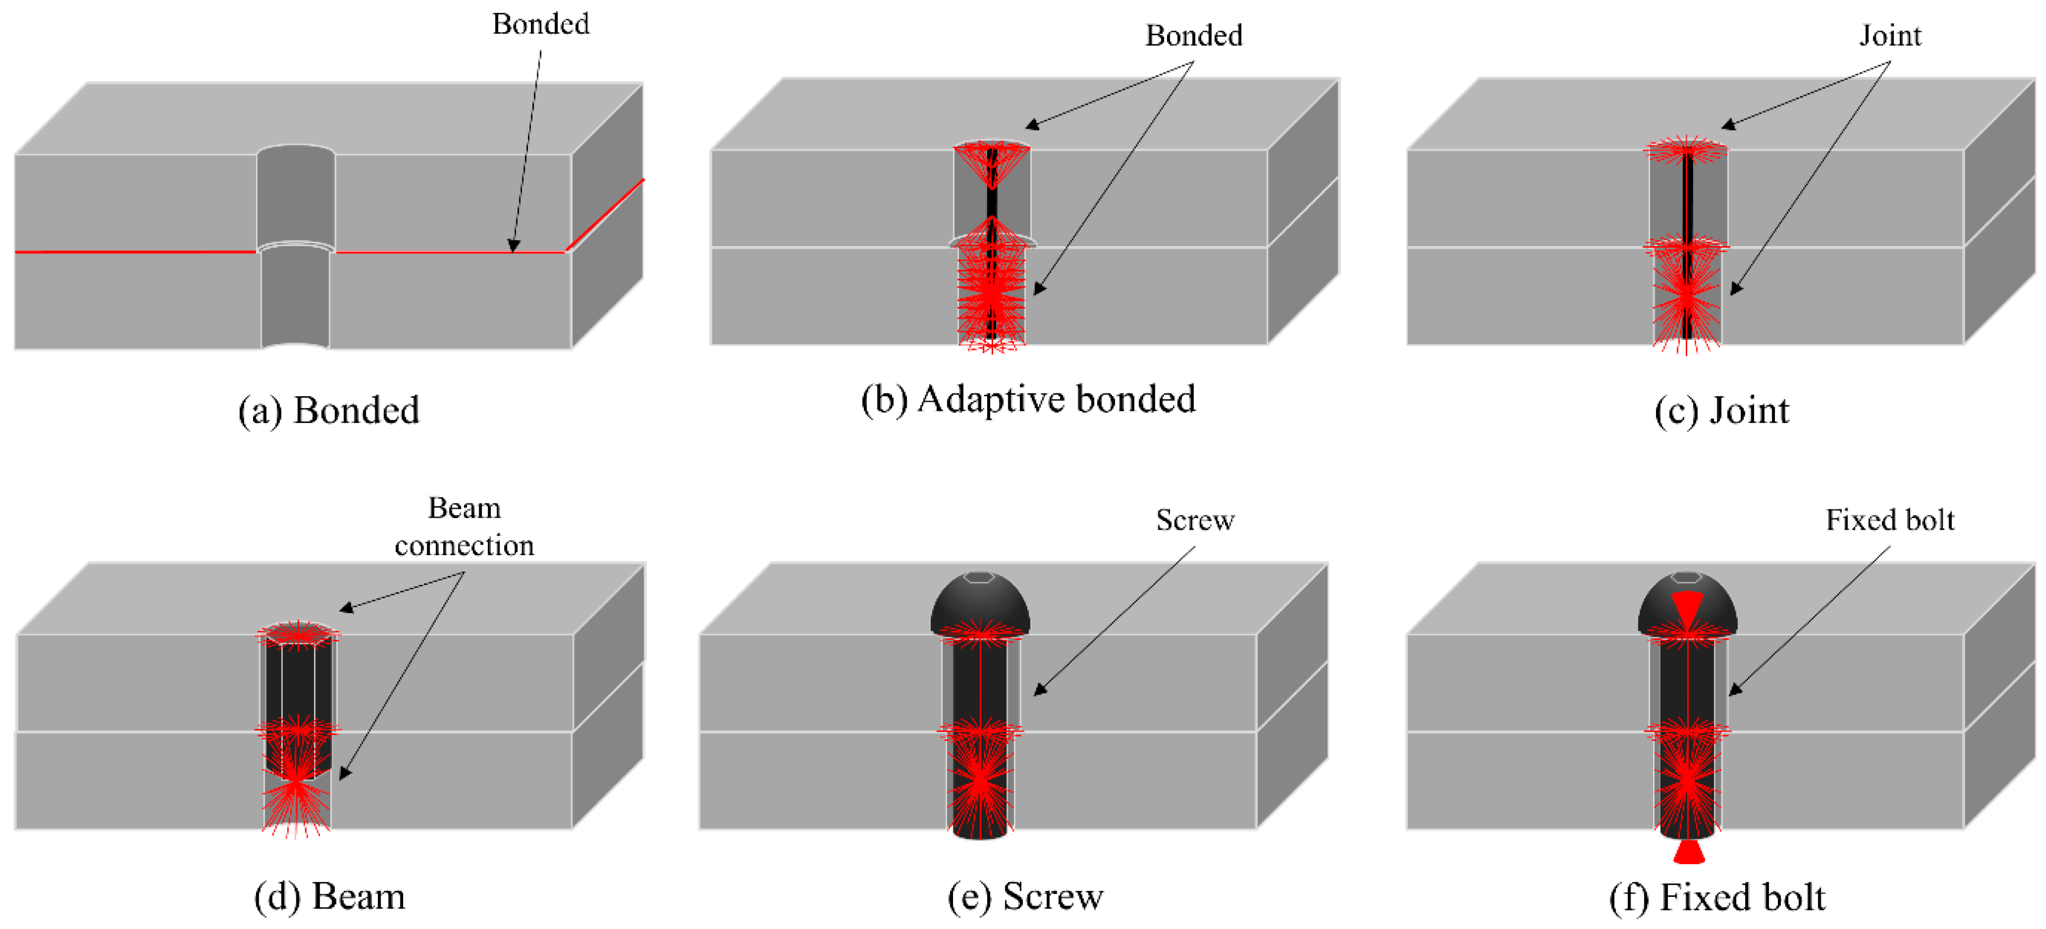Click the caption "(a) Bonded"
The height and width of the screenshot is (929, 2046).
(329, 410)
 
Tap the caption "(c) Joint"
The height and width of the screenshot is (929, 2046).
(1721, 410)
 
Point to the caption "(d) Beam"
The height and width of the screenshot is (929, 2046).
(329, 896)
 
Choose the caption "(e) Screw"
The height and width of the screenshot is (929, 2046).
(1025, 896)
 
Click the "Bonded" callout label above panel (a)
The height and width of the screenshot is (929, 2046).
(541, 24)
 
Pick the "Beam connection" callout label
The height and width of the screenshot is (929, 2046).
(465, 526)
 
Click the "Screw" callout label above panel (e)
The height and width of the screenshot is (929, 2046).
(1194, 520)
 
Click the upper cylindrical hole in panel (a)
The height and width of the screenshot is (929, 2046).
(295, 194)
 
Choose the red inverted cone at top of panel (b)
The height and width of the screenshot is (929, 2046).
(991, 163)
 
